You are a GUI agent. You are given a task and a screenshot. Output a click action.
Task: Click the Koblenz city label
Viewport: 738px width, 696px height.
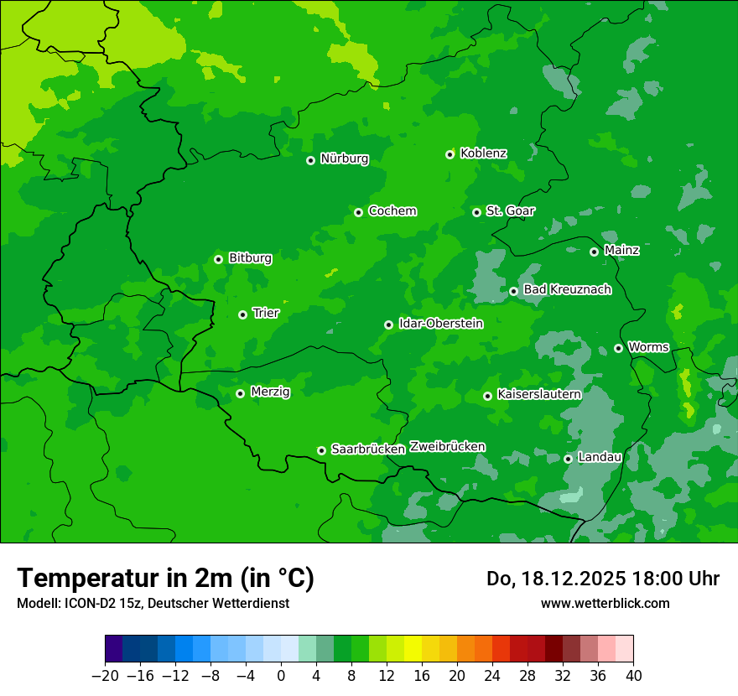coord(483,153)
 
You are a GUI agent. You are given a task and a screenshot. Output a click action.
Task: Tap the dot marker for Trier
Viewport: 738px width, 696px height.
coord(242,314)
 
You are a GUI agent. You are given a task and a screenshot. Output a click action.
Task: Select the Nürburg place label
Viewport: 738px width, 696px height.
coord(344,158)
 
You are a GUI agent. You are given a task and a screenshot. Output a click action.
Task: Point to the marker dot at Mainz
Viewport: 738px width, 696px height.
coord(594,252)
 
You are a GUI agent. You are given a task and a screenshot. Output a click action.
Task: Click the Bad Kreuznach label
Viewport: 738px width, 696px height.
coord(567,289)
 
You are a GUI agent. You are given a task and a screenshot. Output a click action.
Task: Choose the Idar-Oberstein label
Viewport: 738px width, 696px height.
coord(440,323)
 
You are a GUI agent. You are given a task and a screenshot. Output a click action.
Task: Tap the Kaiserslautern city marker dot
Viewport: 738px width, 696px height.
coord(487,396)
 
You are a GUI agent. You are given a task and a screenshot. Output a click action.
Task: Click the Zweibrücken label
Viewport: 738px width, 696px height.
coord(447,446)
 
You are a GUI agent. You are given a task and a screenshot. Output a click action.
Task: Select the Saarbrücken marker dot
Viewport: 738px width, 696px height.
coord(321,450)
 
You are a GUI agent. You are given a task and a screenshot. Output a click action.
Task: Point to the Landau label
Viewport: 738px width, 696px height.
coord(600,457)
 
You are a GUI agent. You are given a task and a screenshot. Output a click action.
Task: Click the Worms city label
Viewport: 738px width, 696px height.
coord(647,346)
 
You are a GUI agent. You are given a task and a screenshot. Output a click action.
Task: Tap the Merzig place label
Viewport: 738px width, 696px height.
coord(270,392)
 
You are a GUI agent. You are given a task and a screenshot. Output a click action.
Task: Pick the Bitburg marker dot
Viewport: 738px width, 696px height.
coord(218,259)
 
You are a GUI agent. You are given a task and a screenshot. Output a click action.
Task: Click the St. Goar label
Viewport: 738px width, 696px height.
coord(510,210)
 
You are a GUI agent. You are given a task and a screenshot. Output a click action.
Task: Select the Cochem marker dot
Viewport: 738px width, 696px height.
coord(358,212)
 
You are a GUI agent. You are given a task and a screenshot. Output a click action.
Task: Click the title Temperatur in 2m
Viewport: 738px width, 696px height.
coord(165,579)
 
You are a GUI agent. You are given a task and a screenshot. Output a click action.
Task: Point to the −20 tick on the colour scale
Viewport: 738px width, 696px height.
coord(106,675)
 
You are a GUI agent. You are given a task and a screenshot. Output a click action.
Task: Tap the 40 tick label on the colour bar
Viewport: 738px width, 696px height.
coord(633,675)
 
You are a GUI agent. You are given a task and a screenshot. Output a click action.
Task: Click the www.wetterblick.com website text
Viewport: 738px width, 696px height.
coord(605,603)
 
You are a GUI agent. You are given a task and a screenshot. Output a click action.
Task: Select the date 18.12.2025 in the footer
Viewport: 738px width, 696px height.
coord(568,579)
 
